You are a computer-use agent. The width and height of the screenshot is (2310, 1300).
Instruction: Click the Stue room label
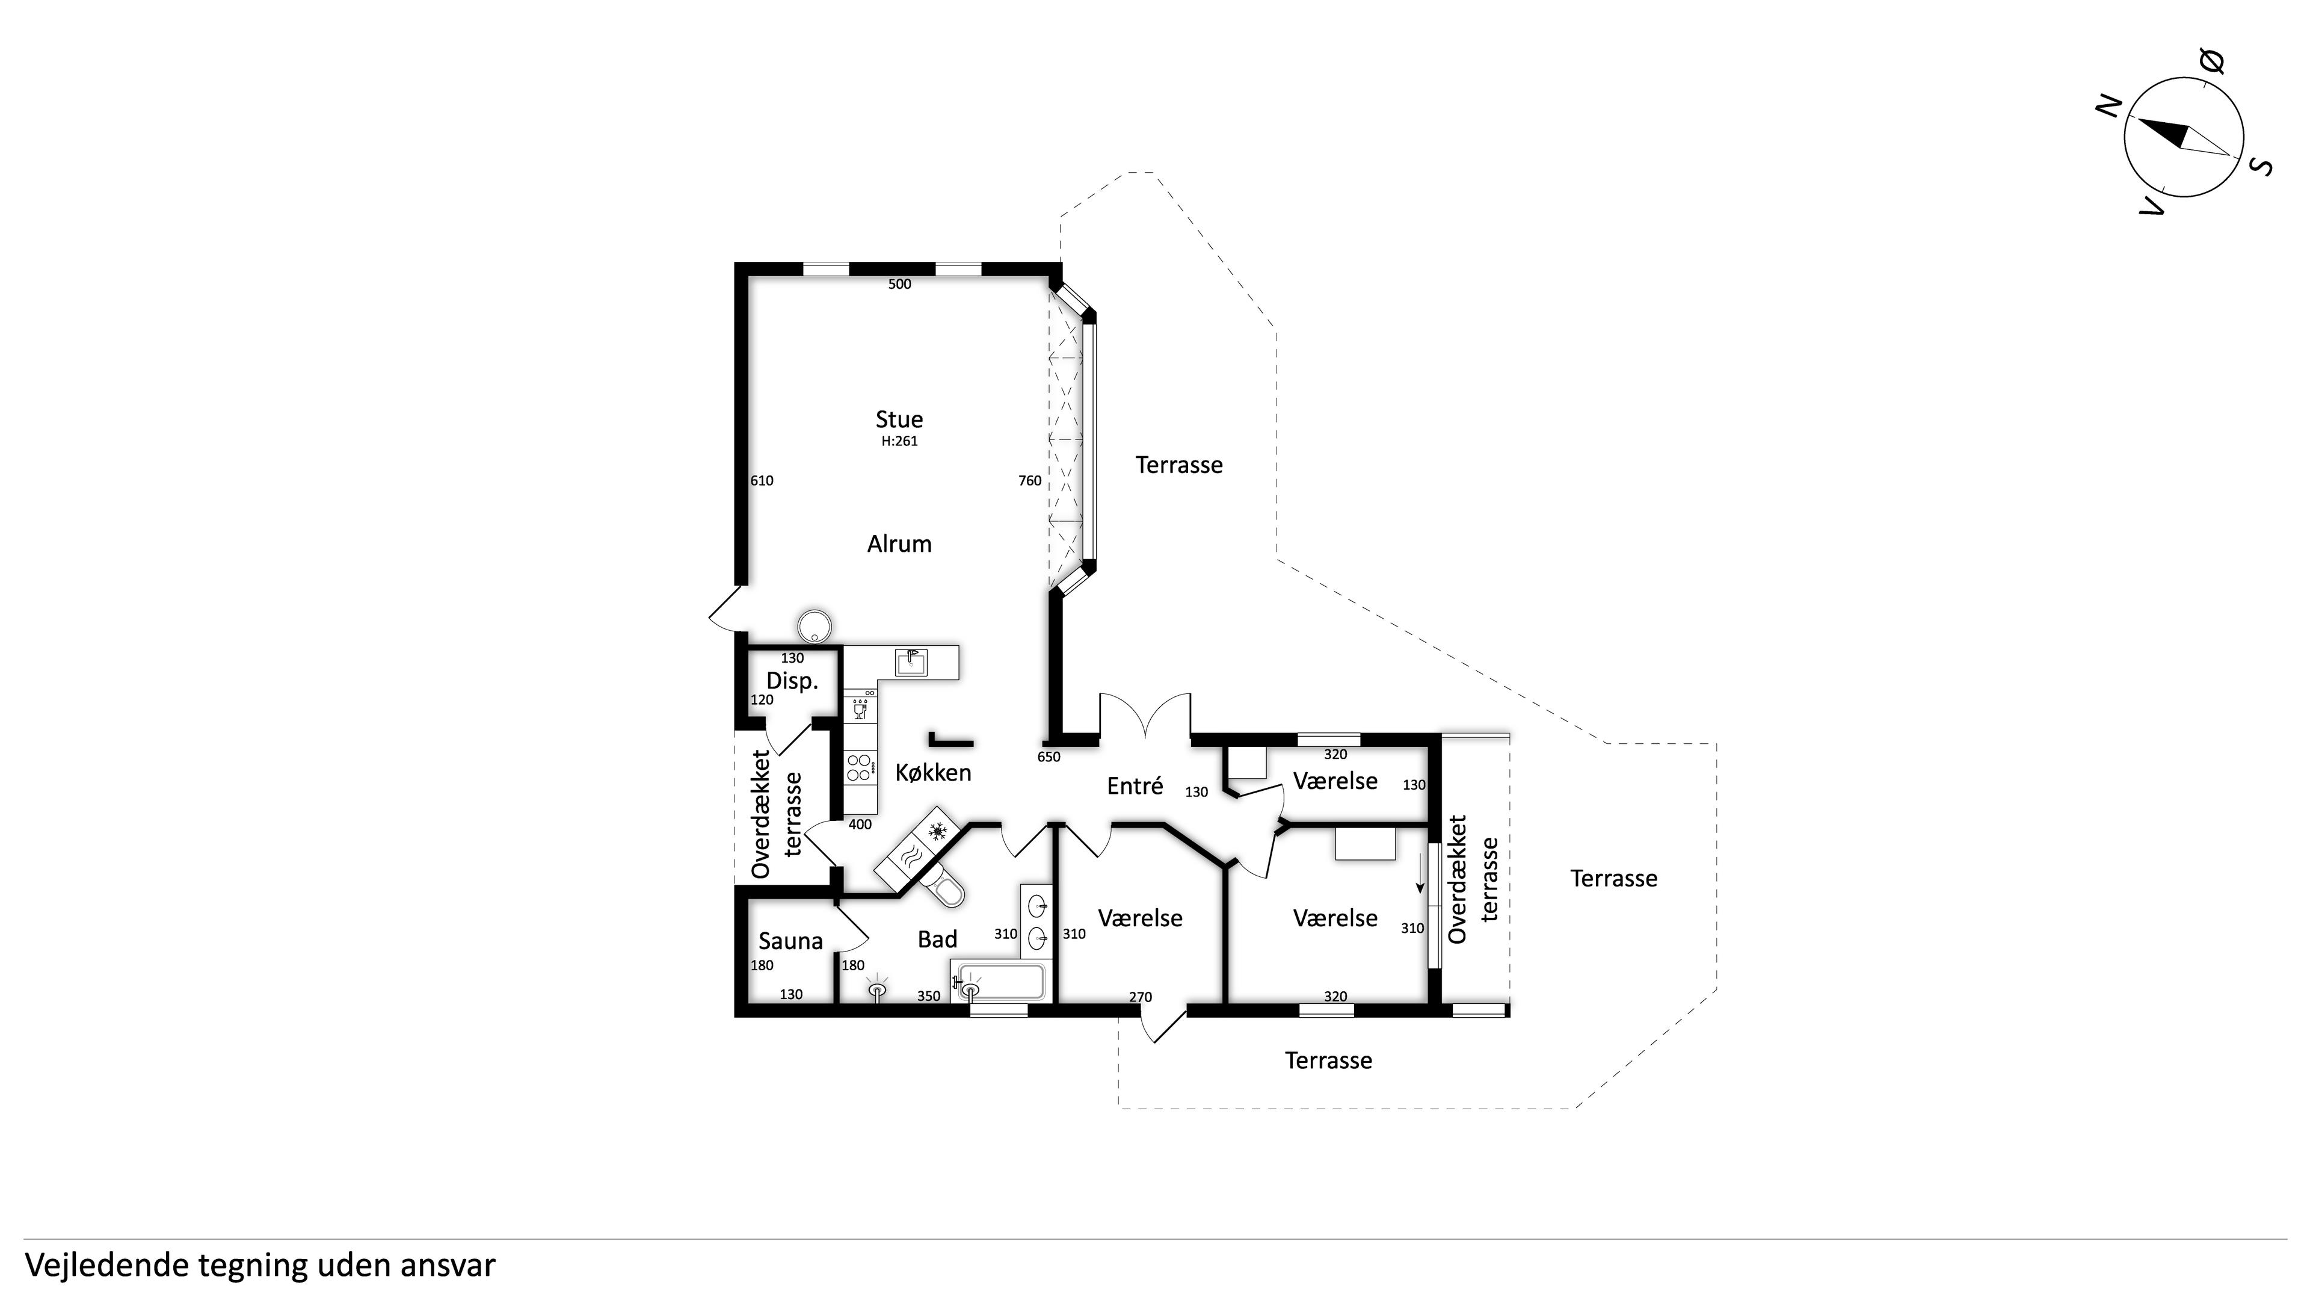pos(899,419)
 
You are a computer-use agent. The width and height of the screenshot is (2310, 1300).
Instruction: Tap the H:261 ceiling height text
pos(899,441)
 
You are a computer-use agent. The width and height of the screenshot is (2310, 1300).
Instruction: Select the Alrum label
pos(899,543)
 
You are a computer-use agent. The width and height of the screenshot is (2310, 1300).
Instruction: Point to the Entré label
pos(1135,786)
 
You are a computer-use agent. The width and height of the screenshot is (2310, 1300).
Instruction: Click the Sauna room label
pos(790,941)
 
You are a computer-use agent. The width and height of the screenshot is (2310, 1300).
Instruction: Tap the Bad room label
pos(937,939)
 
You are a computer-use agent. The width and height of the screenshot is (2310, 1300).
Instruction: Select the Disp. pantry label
pos(792,681)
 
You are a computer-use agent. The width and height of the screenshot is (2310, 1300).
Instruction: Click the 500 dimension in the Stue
pos(899,285)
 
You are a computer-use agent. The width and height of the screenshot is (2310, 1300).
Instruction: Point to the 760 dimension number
pos(1029,481)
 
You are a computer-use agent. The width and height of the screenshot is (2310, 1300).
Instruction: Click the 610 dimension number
pos(762,481)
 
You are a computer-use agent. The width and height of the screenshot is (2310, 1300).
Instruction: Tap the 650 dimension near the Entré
pos(1049,757)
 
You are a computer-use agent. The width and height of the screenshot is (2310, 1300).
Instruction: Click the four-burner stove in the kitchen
pos(858,767)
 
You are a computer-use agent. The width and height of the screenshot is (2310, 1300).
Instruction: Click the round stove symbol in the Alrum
pos(815,626)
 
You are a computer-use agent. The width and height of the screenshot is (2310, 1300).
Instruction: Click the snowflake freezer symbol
pos(938,832)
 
